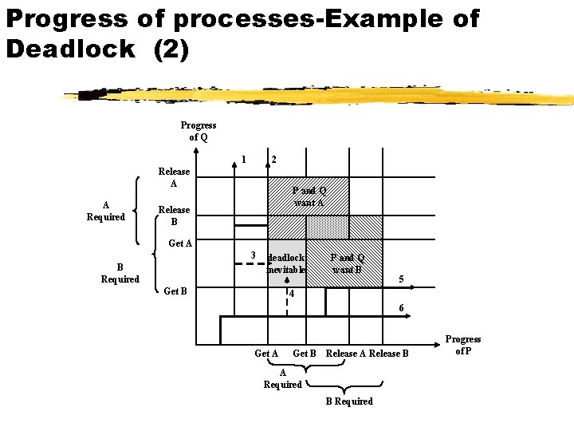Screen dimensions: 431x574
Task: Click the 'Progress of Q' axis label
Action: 198,131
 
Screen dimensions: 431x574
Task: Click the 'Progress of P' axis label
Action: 463,345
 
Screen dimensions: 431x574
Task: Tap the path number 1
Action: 243,157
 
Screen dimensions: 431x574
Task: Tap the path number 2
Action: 273,160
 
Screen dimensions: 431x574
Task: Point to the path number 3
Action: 252,255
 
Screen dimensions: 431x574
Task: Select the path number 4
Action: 292,294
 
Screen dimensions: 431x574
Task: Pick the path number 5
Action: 401,279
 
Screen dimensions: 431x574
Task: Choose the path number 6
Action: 401,308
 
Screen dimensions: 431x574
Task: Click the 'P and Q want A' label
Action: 309,196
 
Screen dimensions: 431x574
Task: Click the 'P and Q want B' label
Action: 348,263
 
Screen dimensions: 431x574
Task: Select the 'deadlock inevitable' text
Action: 286,263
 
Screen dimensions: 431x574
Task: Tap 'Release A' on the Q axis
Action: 174,177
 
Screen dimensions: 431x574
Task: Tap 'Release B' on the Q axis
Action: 174,215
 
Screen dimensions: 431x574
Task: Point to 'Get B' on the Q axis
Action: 175,291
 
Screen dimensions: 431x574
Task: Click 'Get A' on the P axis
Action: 265,354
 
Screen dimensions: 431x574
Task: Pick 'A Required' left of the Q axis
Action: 106,211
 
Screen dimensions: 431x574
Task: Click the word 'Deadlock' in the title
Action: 71,49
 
